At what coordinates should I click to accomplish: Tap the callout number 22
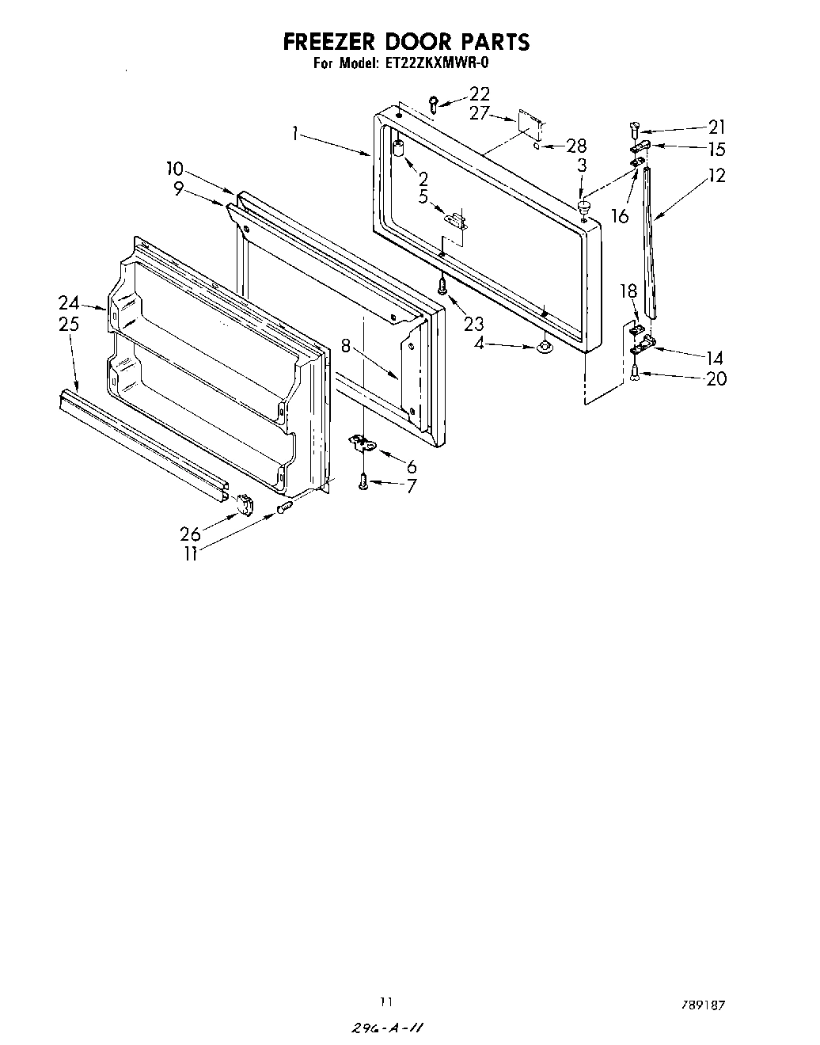click(x=479, y=94)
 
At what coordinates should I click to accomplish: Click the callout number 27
click(x=480, y=113)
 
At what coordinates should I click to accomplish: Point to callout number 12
click(x=716, y=176)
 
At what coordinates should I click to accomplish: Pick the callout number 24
click(x=69, y=302)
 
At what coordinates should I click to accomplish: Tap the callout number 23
click(x=474, y=323)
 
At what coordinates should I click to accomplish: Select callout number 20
click(x=716, y=378)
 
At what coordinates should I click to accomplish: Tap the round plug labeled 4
click(x=543, y=346)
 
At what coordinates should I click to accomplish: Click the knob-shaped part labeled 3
click(x=584, y=207)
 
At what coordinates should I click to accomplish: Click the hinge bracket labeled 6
click(x=363, y=445)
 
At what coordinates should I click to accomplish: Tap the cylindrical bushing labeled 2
click(x=398, y=150)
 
